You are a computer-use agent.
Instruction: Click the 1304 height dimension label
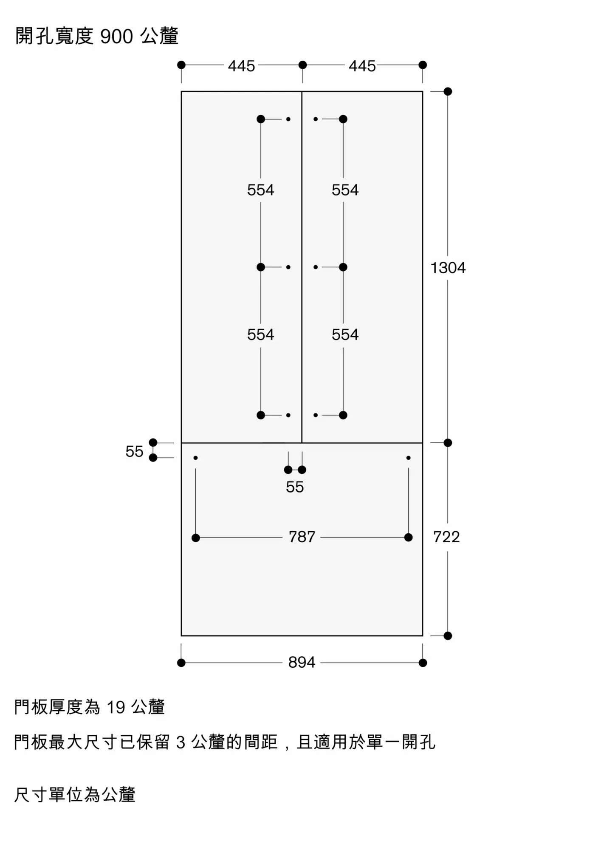pyautogui.click(x=448, y=268)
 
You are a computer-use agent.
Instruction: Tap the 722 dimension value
pyautogui.click(x=446, y=537)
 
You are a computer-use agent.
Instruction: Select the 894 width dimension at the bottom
pyautogui.click(x=302, y=662)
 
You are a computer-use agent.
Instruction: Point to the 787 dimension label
pyautogui.click(x=302, y=537)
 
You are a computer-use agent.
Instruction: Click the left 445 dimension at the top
pyautogui.click(x=241, y=66)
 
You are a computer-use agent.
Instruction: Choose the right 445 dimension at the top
pyautogui.click(x=362, y=66)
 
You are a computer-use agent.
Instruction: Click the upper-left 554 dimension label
pyautogui.click(x=260, y=190)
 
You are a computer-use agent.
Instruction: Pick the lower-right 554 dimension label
pyautogui.click(x=345, y=334)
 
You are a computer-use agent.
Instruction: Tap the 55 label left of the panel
pyautogui.click(x=134, y=451)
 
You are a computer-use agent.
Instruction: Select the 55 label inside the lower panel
pyautogui.click(x=295, y=487)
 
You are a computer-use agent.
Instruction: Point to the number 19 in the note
pyautogui.click(x=116, y=708)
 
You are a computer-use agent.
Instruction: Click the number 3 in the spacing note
pyautogui.click(x=181, y=742)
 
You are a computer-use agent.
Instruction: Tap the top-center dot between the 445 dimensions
pyautogui.click(x=302, y=65)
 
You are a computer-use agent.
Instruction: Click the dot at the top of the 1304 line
pyautogui.click(x=448, y=91)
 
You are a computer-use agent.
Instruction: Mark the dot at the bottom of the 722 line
pyautogui.click(x=448, y=636)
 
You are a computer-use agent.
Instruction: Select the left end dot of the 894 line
pyautogui.click(x=181, y=663)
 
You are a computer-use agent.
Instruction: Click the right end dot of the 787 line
pyautogui.click(x=408, y=538)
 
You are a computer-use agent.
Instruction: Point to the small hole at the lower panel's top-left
pyautogui.click(x=195, y=458)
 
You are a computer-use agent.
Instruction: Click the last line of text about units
pyautogui.click(x=75, y=795)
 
